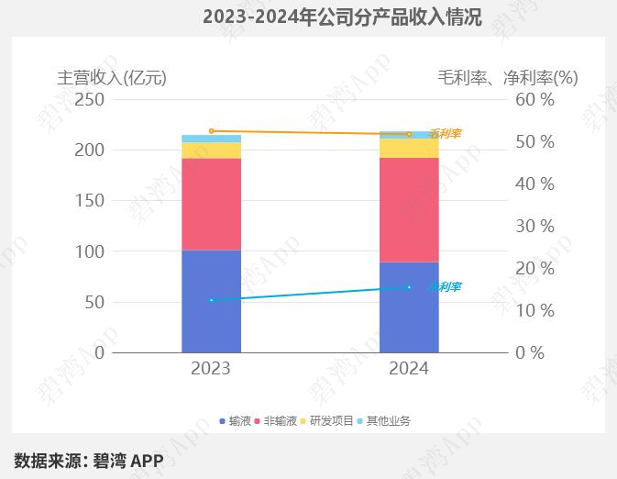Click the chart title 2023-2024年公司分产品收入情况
pos(341,17)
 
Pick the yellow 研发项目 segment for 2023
pos(211,150)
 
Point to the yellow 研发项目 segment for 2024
pos(409,148)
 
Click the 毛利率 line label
pos(445,134)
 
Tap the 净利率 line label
pos(445,287)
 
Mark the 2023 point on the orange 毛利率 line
pos(211,131)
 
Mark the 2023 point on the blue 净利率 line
pos(211,300)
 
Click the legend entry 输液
pos(238,421)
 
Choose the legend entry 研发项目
pos(331,421)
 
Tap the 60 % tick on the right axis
pos(535,99)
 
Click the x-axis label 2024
pos(409,369)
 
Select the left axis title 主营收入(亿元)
pos(112,77)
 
